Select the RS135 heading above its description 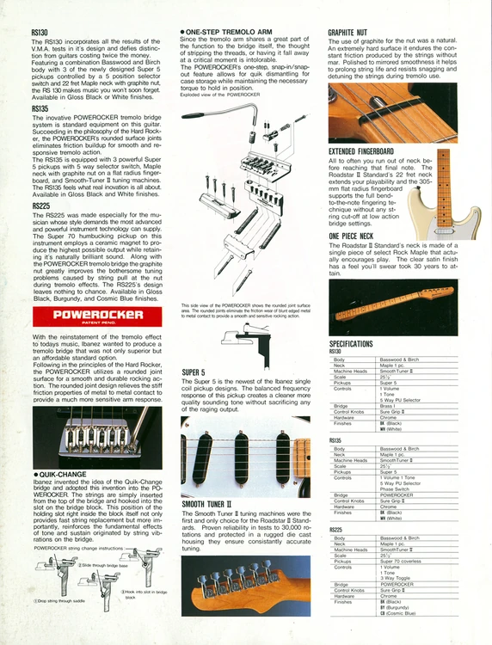click(40, 109)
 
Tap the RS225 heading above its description click(40, 206)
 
